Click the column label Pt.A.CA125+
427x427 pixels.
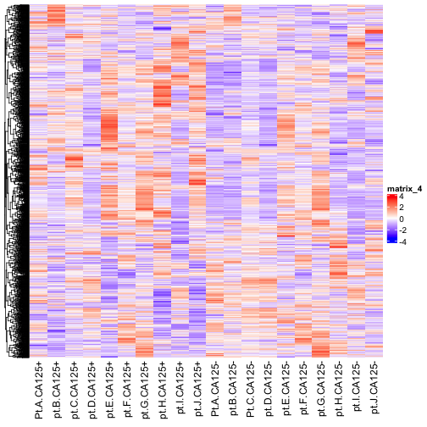38,391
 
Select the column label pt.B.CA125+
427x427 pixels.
56,390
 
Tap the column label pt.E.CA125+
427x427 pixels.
109,390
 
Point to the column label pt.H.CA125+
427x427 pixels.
163,390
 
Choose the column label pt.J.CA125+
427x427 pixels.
197,389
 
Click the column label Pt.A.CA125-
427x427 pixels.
215,389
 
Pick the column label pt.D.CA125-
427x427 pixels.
269,389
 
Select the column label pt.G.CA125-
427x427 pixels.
321,389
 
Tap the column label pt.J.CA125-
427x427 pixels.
374,388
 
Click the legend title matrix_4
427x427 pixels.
404,189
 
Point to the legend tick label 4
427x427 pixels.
402,197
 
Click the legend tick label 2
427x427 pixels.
402,208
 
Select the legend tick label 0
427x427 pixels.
402,219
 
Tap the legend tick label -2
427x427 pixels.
402,230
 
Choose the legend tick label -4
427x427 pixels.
402,242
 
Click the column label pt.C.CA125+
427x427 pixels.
74,390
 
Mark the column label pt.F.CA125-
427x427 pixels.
303,388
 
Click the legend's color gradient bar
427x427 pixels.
392,219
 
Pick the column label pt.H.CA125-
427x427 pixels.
339,389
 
